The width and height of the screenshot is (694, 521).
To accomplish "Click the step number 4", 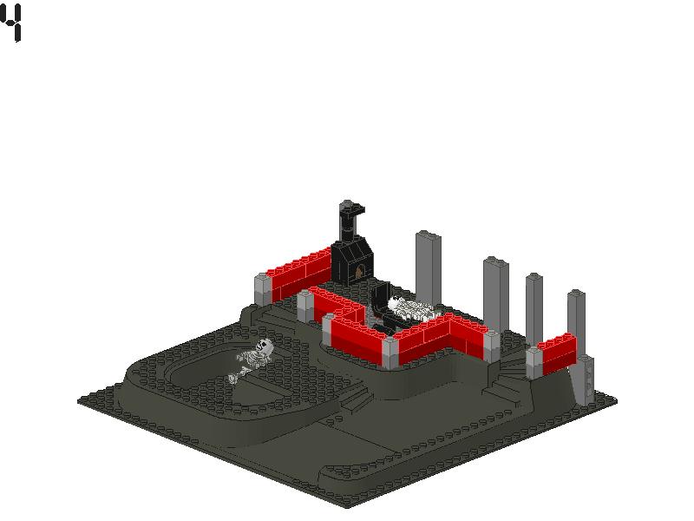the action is click(10, 23).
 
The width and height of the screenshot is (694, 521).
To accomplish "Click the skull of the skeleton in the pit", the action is click(265, 346).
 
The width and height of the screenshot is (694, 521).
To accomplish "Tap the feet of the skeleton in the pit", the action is click(233, 378).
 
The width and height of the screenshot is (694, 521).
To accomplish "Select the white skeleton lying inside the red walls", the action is click(410, 309).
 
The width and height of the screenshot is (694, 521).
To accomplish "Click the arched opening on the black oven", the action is click(360, 270).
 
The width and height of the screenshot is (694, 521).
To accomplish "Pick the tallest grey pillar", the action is click(428, 268).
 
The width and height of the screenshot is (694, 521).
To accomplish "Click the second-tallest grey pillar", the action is click(495, 294).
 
